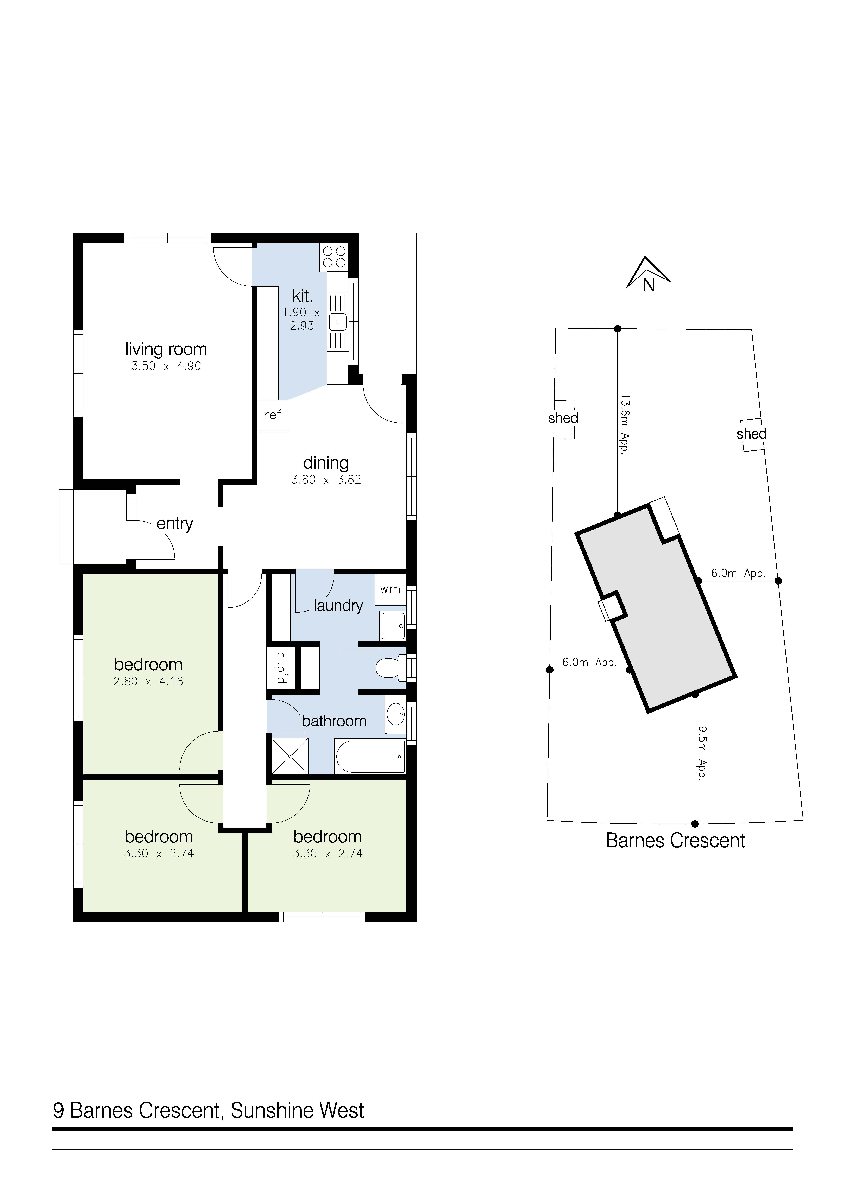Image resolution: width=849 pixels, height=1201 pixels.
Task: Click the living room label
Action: click(166, 349)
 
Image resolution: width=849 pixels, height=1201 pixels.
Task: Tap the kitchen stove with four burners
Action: click(334, 257)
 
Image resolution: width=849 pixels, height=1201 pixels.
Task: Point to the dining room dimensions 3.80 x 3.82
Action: click(326, 480)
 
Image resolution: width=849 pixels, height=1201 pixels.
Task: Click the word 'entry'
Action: click(175, 524)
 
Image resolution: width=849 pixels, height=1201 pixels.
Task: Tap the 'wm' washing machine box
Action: click(390, 589)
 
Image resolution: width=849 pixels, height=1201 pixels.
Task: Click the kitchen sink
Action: click(338, 320)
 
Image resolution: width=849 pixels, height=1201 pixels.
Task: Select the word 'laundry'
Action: click(338, 606)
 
